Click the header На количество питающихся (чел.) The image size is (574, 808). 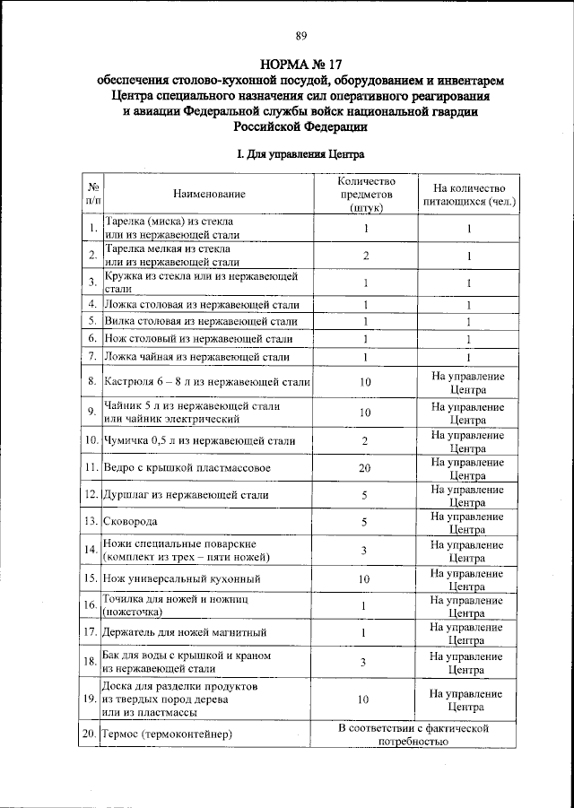click(467, 195)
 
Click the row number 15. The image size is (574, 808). click(91, 579)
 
